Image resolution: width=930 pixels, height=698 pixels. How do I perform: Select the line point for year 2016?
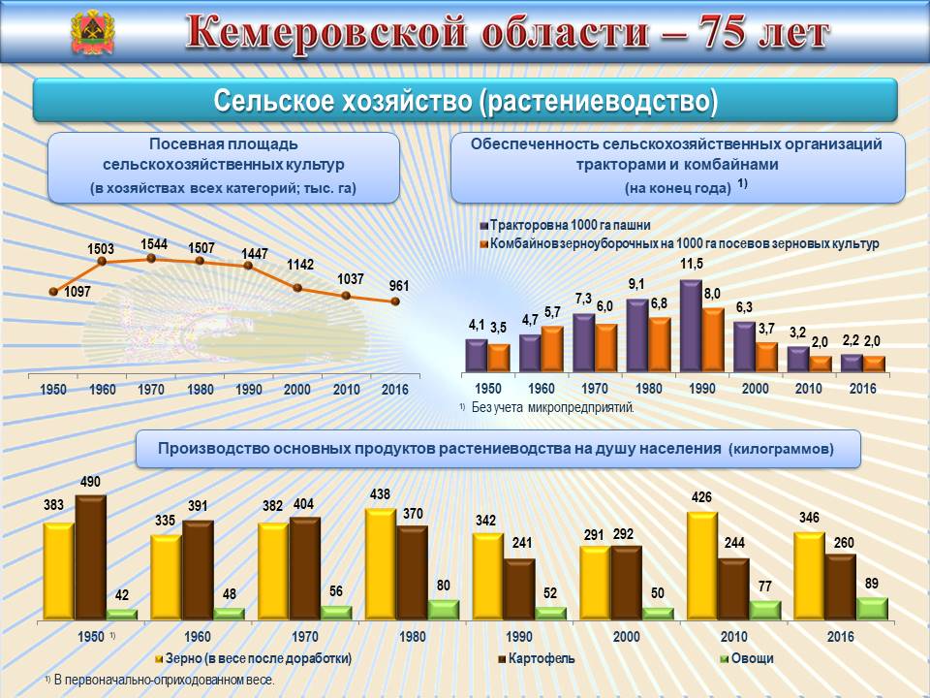pyautogui.click(x=395, y=301)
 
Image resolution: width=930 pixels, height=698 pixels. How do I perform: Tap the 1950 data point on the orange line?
pyautogui.click(x=54, y=291)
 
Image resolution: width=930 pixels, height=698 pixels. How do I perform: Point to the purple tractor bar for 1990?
pyautogui.click(x=691, y=326)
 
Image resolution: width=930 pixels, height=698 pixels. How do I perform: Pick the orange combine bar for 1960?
pyautogui.click(x=551, y=349)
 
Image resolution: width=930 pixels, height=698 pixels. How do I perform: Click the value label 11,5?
pyautogui.click(x=691, y=264)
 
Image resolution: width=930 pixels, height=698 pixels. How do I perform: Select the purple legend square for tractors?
pyautogui.click(x=483, y=225)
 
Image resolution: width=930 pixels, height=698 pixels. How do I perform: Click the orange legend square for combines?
pyautogui.click(x=483, y=243)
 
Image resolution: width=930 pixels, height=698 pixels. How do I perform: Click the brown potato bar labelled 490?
pyautogui.click(x=91, y=556)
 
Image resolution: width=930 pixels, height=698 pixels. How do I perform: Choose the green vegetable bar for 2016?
pyautogui.click(x=873, y=608)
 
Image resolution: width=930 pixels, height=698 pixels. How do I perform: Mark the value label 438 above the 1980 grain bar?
pyautogui.click(x=380, y=494)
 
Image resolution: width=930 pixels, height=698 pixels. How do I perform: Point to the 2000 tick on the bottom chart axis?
pyautogui.click(x=626, y=638)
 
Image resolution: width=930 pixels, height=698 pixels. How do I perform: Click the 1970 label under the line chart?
pyautogui.click(x=151, y=389)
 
